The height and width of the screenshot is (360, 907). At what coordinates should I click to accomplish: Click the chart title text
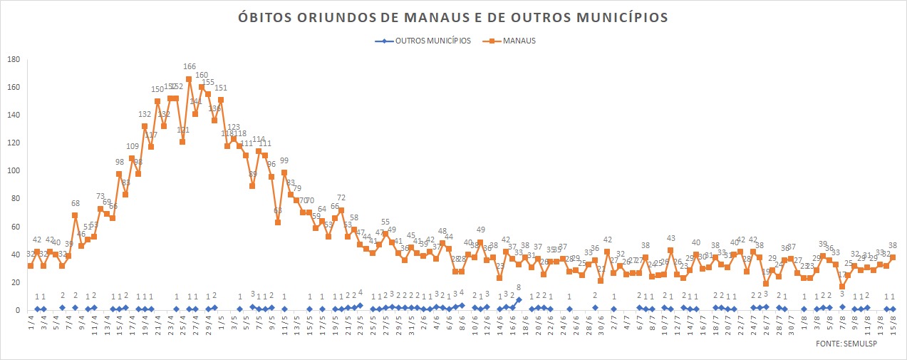(453, 16)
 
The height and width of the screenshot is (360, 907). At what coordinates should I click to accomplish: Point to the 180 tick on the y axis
(12, 59)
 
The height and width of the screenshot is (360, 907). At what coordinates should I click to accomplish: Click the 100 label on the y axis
(12, 171)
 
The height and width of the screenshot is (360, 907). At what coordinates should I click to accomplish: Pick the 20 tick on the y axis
(14, 282)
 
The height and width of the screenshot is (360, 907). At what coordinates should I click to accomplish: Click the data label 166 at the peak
(190, 68)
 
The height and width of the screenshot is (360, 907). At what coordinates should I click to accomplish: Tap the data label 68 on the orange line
(75, 204)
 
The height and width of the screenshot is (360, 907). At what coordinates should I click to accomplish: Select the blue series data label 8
(519, 288)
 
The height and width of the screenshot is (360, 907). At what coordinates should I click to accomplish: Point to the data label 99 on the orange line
(284, 161)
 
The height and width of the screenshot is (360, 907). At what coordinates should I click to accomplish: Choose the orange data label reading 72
(341, 198)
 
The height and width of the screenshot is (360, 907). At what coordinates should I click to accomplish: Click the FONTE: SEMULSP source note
(850, 344)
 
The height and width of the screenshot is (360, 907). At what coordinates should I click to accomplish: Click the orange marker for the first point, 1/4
(30, 266)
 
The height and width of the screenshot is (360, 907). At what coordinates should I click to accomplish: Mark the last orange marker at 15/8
(893, 257)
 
